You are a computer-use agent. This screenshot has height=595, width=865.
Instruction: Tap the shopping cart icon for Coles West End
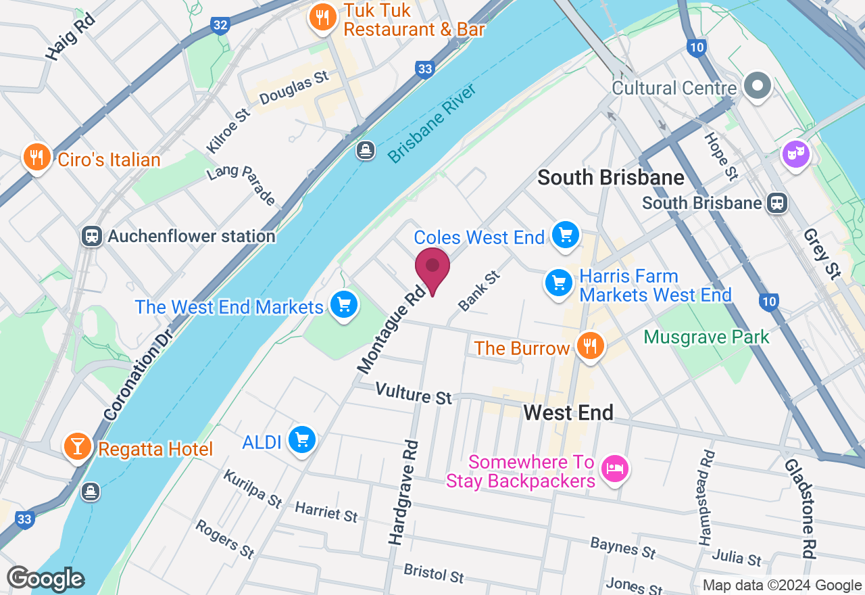pyautogui.click(x=566, y=235)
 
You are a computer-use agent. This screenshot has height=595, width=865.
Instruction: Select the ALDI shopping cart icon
pyautogui.click(x=301, y=441)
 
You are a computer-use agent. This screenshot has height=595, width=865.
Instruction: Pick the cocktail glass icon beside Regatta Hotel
pyautogui.click(x=78, y=446)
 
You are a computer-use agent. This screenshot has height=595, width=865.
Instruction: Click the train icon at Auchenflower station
pyautogui.click(x=91, y=236)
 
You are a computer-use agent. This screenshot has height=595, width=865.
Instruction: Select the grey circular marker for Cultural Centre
pyautogui.click(x=758, y=86)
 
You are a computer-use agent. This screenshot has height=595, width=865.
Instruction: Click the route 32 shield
pyautogui.click(x=220, y=25)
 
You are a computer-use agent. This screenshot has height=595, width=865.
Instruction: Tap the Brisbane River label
pyautogui.click(x=432, y=124)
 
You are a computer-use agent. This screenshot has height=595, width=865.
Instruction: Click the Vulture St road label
pyautogui.click(x=413, y=394)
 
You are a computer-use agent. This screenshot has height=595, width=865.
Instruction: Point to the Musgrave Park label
pyautogui.click(x=706, y=337)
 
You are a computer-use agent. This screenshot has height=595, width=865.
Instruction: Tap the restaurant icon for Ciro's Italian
pyautogui.click(x=34, y=158)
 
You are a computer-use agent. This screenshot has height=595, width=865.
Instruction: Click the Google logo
pyautogui.click(x=45, y=579)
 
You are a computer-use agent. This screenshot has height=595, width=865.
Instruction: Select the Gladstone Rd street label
pyautogui.click(x=798, y=508)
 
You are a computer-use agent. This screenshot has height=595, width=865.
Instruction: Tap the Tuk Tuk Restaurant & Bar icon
pyautogui.click(x=323, y=18)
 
